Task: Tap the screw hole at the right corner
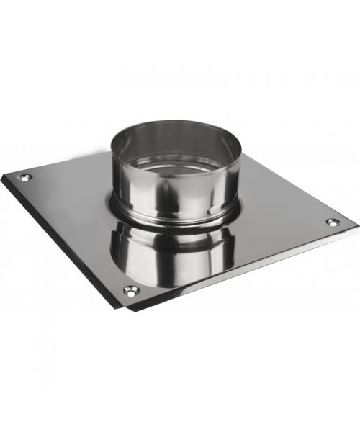[332, 222]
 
